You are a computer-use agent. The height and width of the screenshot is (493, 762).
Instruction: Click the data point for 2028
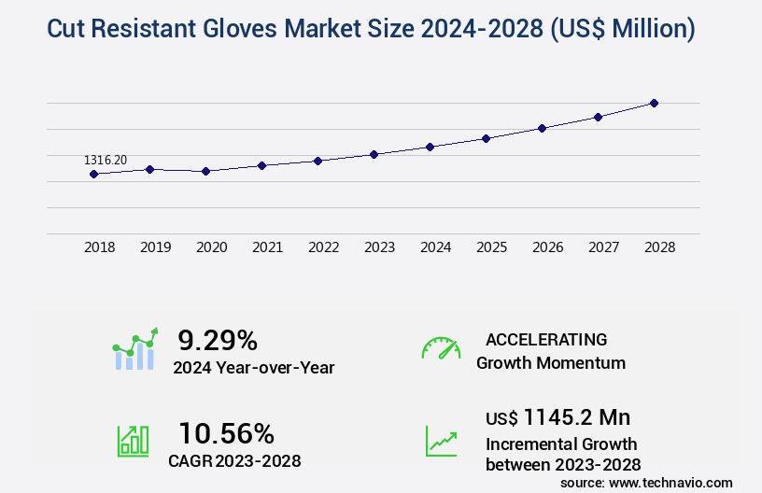[x=654, y=103]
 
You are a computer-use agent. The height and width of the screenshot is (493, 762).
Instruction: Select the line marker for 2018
[x=93, y=174]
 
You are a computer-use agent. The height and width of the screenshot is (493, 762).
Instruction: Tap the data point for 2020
[x=205, y=171]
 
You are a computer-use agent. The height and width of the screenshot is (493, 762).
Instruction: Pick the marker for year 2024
[x=430, y=147]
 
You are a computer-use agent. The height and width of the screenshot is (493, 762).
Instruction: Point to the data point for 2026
[x=542, y=128]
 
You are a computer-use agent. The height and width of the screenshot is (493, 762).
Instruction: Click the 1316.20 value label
[x=106, y=161]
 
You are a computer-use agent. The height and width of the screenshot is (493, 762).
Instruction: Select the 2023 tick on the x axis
[x=379, y=247]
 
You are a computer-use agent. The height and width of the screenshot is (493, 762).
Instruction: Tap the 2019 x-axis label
[x=155, y=247]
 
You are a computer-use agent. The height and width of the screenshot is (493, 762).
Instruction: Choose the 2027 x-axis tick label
[x=603, y=247]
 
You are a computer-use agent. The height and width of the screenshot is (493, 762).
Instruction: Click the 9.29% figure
[x=218, y=340]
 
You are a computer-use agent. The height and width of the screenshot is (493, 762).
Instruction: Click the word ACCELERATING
[x=546, y=340]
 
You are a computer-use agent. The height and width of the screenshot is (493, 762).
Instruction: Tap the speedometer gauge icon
[x=441, y=347]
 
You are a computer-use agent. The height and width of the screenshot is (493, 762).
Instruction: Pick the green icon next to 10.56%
[x=133, y=441]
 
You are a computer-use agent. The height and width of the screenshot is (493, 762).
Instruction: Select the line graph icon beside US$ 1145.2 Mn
[x=441, y=441]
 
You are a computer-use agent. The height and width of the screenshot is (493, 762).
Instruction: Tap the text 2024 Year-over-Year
[x=253, y=368]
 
